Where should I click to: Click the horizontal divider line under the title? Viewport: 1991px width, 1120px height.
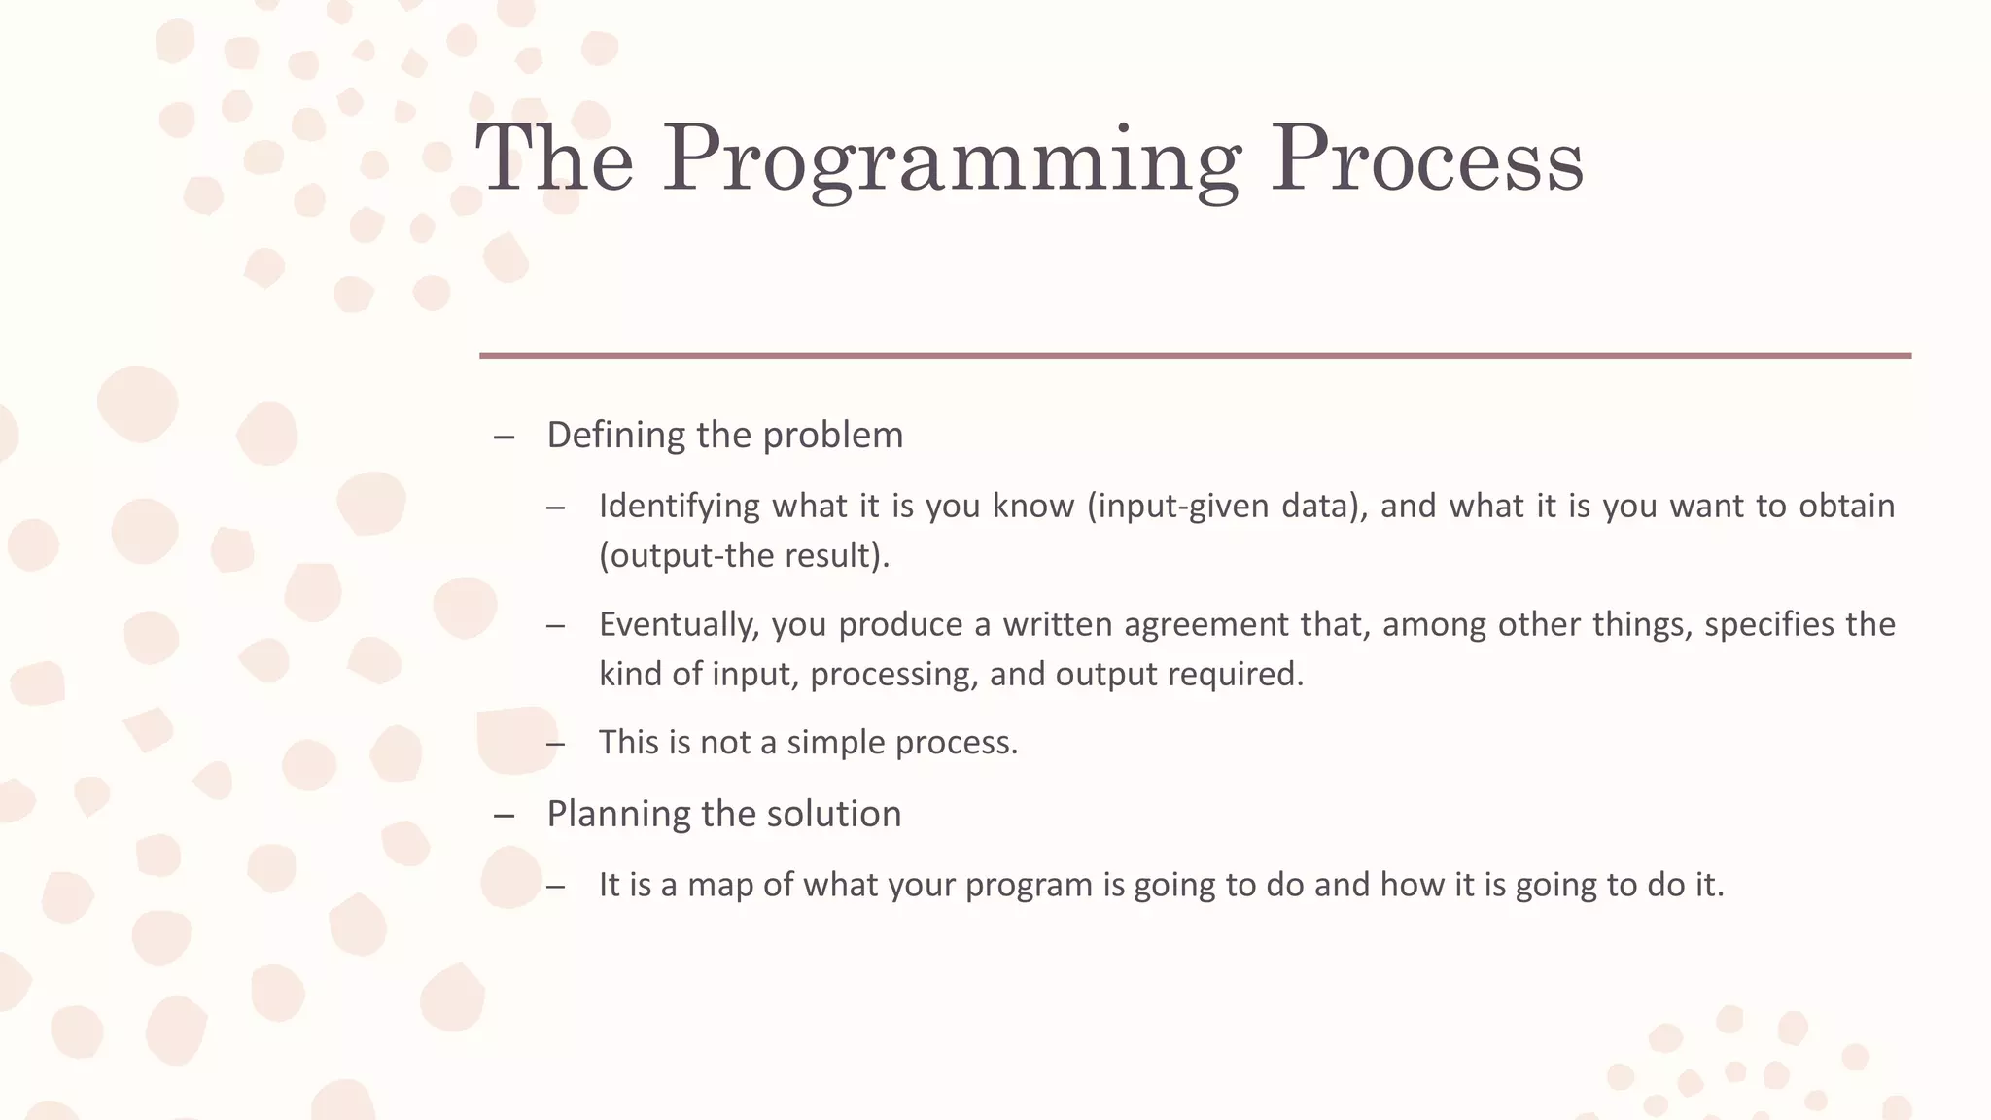pos(1195,356)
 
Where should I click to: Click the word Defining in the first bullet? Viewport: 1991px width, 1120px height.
pos(617,435)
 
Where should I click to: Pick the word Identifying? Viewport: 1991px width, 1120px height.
pos(679,507)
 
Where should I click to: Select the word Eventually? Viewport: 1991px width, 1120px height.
pos(678,624)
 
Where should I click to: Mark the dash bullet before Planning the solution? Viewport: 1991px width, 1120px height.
pos(504,816)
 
